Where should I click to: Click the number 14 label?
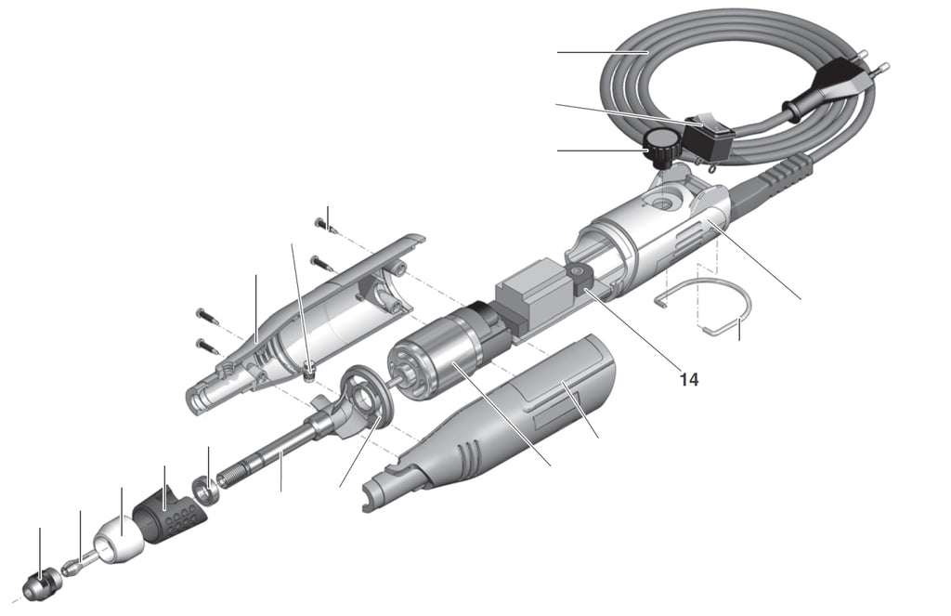[x=688, y=379]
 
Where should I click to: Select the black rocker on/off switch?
[x=710, y=137]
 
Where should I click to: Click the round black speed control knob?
[x=661, y=145]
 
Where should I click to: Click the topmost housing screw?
[x=322, y=222]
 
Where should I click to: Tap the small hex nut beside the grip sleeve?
[x=205, y=487]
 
